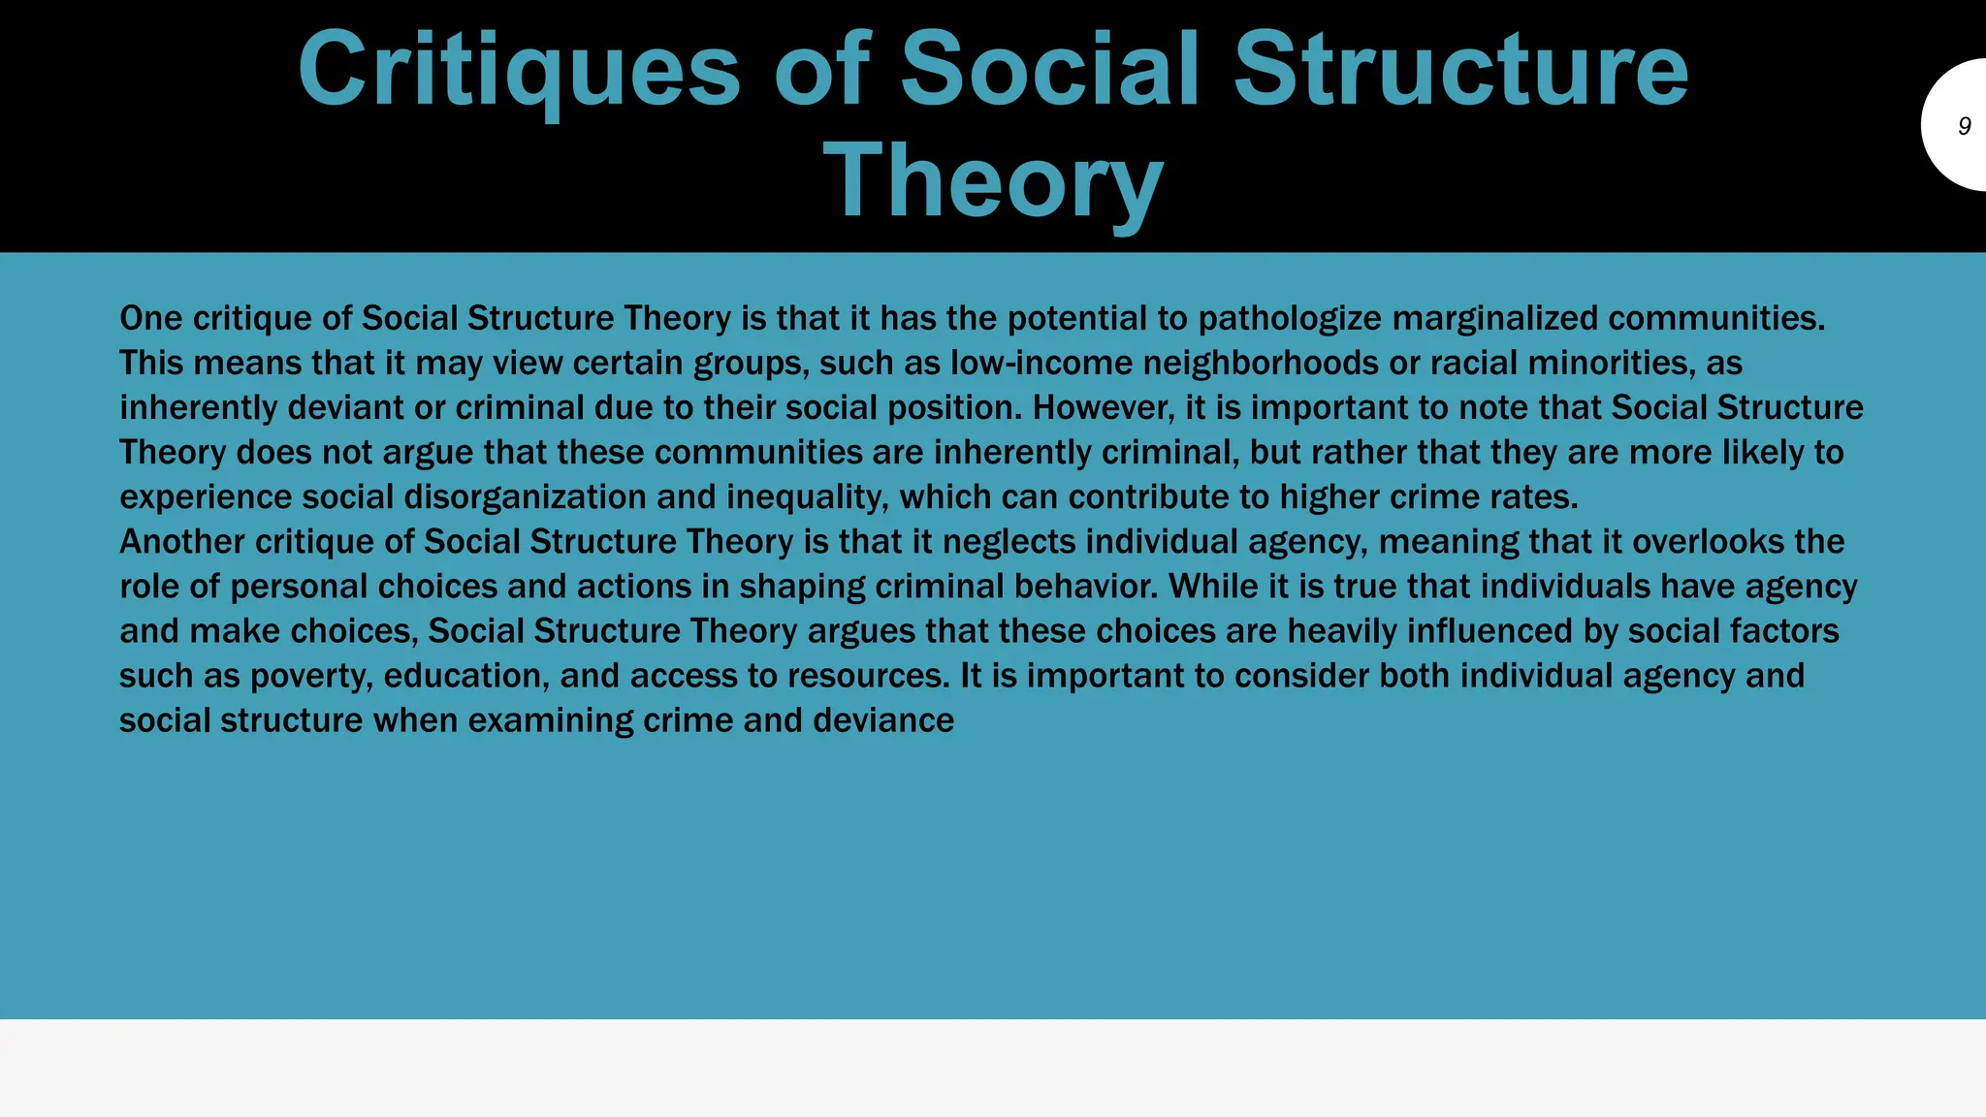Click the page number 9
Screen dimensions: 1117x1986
(1965, 126)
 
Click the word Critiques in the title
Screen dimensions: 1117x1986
(519, 70)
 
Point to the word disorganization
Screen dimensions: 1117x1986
(525, 497)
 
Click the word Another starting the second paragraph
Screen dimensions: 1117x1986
(182, 542)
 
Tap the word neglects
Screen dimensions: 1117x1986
(1009, 542)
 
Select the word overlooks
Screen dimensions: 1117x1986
(1708, 542)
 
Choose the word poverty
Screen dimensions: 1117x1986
(311, 676)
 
